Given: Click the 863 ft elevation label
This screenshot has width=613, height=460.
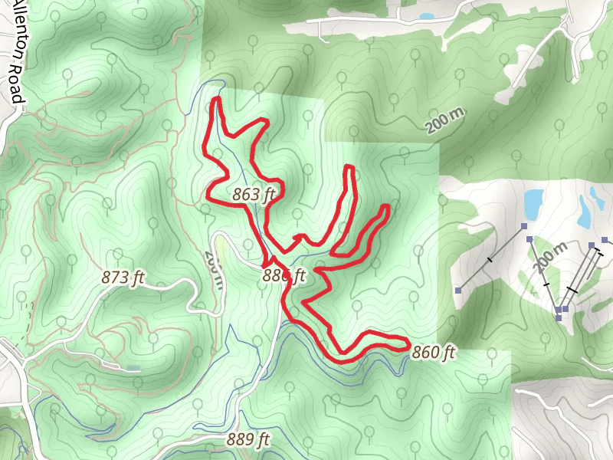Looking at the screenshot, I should pos(253,195).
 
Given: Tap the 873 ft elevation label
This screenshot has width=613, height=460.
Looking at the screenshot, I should pos(123,278).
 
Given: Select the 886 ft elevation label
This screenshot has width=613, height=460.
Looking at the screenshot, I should pos(284,275).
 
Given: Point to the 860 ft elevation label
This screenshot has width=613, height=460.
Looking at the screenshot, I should pos(434,353).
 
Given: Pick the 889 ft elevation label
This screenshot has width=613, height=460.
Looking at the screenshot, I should pos(248,440).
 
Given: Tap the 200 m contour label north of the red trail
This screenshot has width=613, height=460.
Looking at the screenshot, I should pos(446,121).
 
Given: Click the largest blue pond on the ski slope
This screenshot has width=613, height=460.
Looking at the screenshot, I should pos(533,202).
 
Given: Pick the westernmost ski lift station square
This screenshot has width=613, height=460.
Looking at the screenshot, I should pos(458,290).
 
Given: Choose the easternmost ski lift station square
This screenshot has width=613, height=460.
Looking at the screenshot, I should pos(605,241).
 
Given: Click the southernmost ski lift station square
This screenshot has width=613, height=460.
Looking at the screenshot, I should pos(559,317).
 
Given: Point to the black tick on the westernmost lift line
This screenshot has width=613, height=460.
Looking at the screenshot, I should pos(490,260).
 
